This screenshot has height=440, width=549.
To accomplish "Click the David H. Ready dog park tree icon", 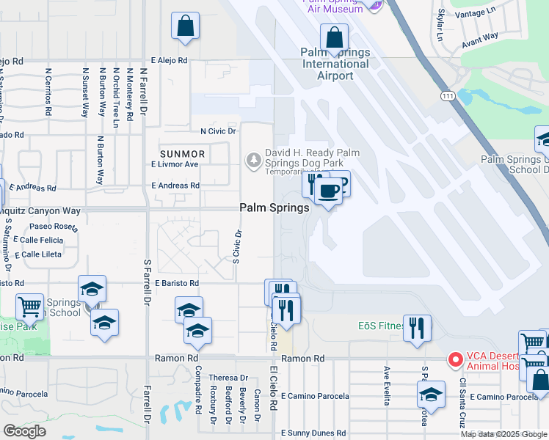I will pyautogui.click(x=254, y=158).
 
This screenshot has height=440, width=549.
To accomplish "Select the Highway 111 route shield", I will pyautogui.click(x=449, y=96).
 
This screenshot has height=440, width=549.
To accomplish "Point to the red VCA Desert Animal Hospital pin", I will pyautogui.click(x=455, y=359).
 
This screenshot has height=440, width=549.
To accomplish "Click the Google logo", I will pyautogui.click(x=24, y=431).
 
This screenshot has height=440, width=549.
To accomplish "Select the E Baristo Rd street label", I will pyautogui.click(x=174, y=283).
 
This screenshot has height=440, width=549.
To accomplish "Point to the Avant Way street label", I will pyautogui.click(x=480, y=40).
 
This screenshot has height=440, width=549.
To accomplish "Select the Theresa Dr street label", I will pyautogui.click(x=223, y=378).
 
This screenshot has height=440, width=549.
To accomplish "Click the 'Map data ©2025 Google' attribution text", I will pyautogui.click(x=504, y=434).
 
